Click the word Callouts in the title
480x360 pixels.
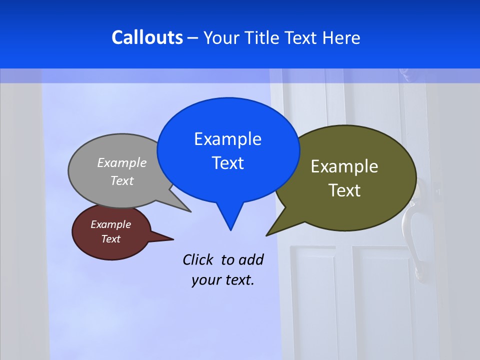[x=147, y=37]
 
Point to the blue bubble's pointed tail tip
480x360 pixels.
[x=230, y=230]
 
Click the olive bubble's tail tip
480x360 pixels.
[x=266, y=235]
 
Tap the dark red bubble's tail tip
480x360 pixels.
[x=173, y=239]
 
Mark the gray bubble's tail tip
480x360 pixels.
[x=190, y=211]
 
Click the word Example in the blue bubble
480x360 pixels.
[x=227, y=139]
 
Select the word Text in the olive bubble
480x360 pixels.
[x=344, y=190]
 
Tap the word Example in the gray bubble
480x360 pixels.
[x=122, y=162]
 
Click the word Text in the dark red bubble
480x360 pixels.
[x=110, y=239]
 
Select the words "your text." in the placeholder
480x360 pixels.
[x=223, y=280]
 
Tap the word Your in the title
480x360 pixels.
[x=222, y=37]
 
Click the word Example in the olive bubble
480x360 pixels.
[x=344, y=166]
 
